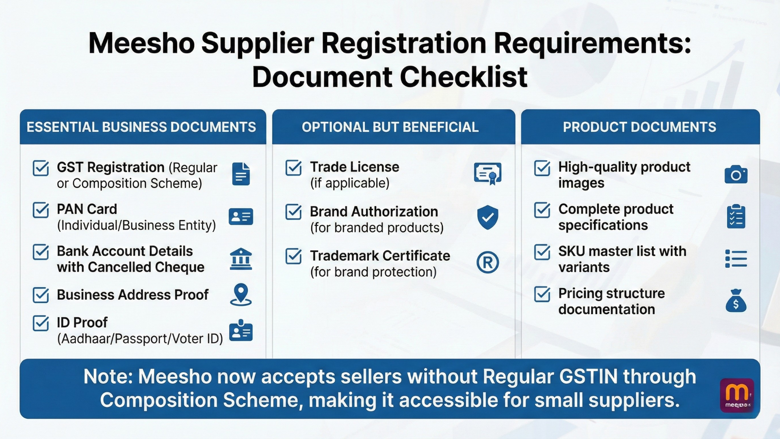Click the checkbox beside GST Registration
(41, 168)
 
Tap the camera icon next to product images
(736, 175)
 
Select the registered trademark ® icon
(487, 263)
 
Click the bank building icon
(241, 259)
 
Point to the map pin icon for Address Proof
(241, 294)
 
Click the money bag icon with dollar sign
(736, 301)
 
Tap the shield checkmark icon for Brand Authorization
(487, 217)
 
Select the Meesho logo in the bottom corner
(737, 395)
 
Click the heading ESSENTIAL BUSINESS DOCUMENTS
(141, 127)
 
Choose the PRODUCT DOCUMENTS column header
(639, 127)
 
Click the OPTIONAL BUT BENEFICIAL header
(390, 127)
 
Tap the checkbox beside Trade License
(293, 168)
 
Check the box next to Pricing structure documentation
(542, 294)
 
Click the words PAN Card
(87, 209)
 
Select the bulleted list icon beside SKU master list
(736, 259)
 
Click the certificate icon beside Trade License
(487, 174)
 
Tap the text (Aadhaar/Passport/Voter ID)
(140, 339)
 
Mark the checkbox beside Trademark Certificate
(293, 256)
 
